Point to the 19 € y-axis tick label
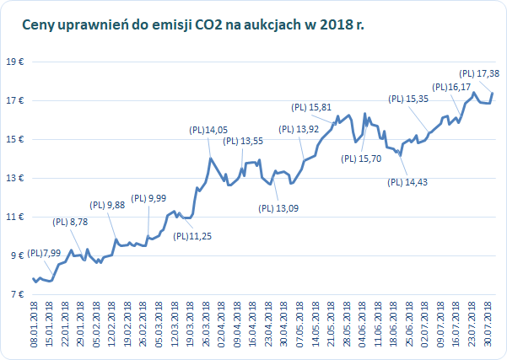14,62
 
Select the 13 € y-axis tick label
14,178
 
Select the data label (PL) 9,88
106,205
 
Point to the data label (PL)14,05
208,130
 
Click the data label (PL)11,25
193,235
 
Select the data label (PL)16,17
451,87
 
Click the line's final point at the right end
493,93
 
